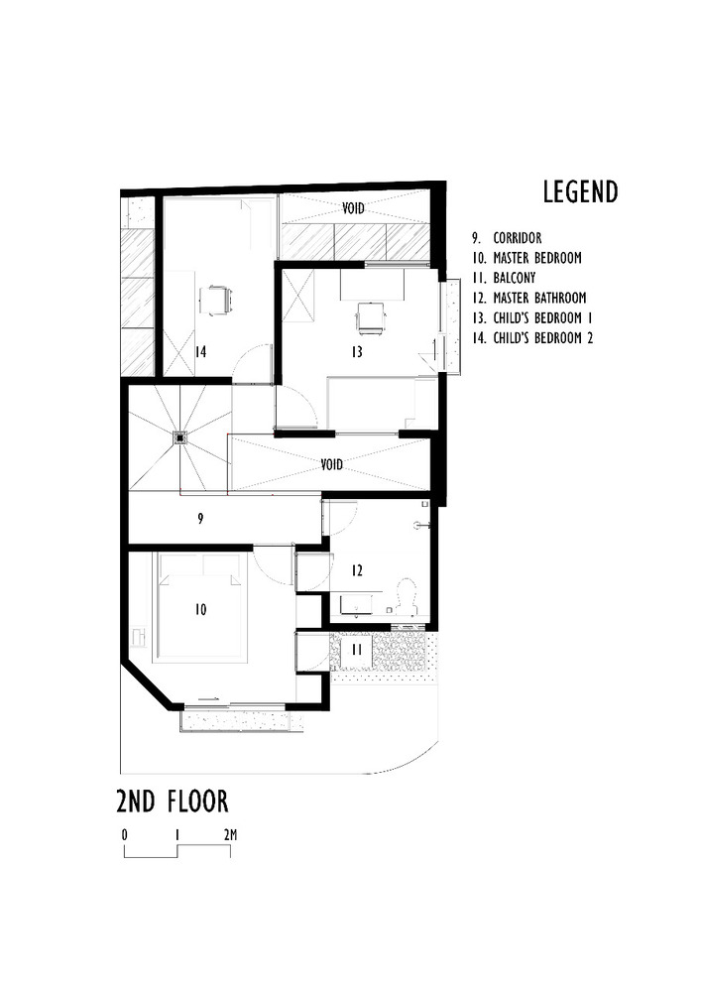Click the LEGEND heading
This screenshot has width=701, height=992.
click(x=580, y=191)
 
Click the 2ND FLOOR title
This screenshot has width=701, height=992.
click(x=174, y=800)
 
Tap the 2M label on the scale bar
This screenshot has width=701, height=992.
click(x=230, y=834)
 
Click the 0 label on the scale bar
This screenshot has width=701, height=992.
click(x=125, y=834)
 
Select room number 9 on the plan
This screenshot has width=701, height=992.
click(x=200, y=518)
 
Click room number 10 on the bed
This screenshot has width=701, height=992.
click(x=200, y=610)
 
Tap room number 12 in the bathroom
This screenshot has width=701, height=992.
click(x=356, y=570)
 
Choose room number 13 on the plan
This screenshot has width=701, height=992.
click(x=356, y=352)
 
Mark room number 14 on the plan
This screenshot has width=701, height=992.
click(x=200, y=351)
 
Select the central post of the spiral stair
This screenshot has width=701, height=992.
click(x=180, y=435)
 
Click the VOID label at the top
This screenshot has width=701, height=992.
click(x=354, y=208)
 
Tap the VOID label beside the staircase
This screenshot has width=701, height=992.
click(x=332, y=463)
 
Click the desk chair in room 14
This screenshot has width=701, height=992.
click(x=216, y=298)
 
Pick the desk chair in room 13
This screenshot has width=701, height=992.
click(x=370, y=316)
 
